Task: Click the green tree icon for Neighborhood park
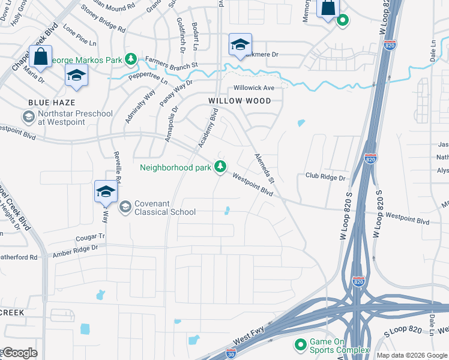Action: [220, 167]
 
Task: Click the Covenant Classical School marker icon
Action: [125, 207]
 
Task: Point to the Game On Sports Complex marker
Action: [300, 345]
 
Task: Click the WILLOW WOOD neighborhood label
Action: [240, 101]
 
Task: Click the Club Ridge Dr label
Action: [326, 178]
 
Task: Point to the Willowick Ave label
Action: [254, 88]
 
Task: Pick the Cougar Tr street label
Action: [90, 237]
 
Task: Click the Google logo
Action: [20, 353]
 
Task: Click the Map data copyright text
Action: [412, 355]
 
